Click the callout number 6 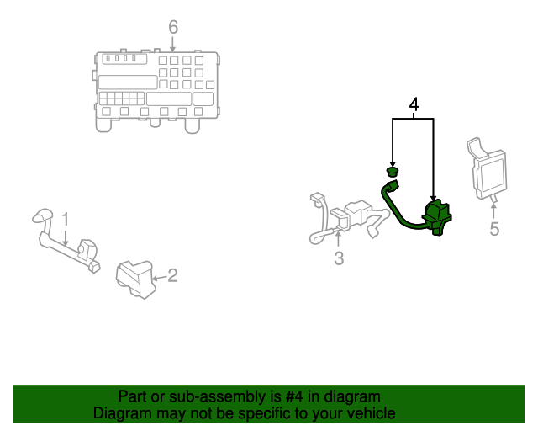173,27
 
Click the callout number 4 413,104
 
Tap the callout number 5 494,229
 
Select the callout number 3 339,259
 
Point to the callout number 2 171,274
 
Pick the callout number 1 65,220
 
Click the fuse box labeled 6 156,88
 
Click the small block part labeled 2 134,279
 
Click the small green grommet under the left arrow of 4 392,173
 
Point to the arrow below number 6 173,44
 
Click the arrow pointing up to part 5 493,207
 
